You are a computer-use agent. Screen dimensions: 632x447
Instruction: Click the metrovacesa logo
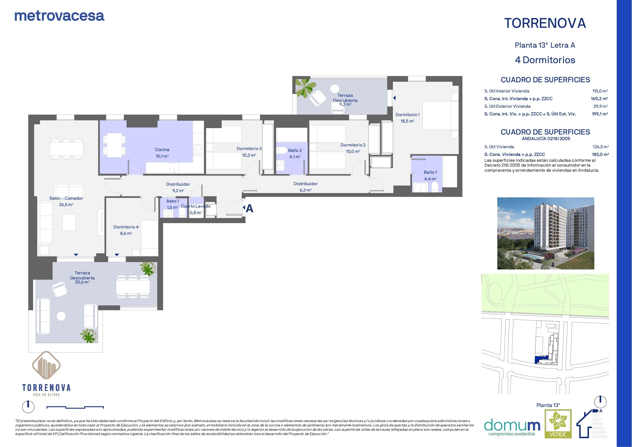tap(59, 16)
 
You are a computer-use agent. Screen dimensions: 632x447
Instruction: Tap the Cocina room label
tap(162, 150)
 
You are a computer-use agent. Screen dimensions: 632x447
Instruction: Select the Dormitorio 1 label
tap(407, 115)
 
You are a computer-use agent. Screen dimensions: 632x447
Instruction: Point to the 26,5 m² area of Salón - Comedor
tap(66, 205)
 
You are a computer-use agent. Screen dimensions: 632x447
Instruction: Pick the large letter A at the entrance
tap(249, 209)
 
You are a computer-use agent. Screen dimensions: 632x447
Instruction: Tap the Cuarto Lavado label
tap(196, 206)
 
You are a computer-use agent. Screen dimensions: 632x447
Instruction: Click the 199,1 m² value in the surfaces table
tap(600, 114)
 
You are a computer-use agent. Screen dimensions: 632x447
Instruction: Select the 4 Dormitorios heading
tap(545, 60)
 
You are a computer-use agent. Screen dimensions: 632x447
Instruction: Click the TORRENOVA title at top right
tap(545, 23)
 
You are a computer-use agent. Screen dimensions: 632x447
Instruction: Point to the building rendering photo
tap(546, 233)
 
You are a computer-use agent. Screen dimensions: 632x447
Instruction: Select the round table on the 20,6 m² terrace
tap(61, 316)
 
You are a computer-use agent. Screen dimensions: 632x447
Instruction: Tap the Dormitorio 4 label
tap(126, 227)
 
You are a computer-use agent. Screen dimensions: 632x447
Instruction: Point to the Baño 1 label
tap(430, 172)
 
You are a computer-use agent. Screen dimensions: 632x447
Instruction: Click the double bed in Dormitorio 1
tap(437, 115)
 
